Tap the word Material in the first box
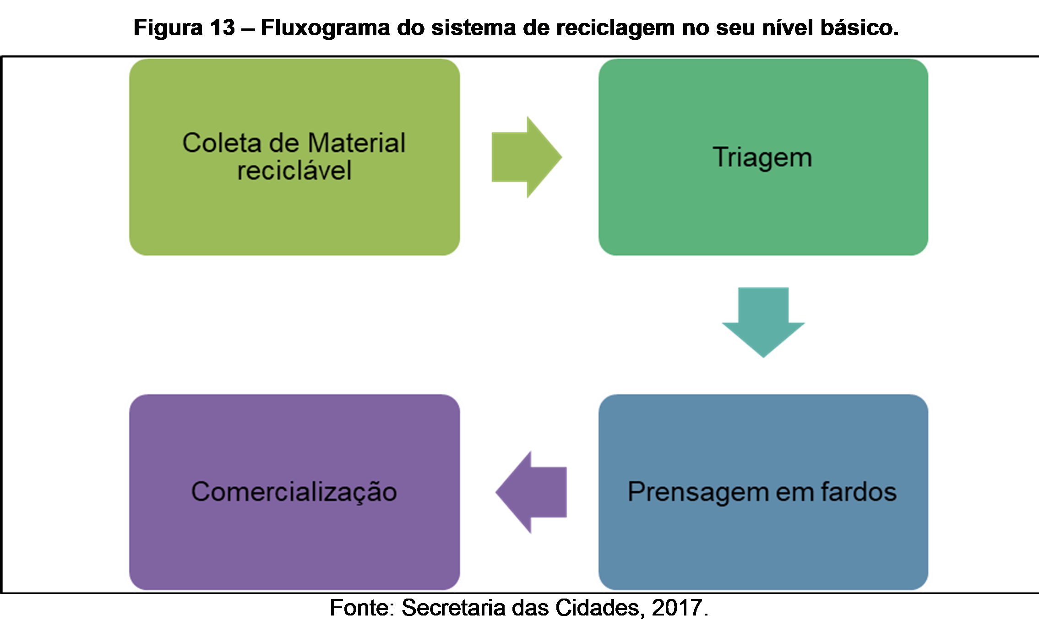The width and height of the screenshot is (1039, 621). coord(356,143)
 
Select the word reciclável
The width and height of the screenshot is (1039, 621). coord(294,170)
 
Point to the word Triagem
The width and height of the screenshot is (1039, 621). coord(762,157)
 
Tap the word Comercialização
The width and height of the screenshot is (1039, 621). coord(294,492)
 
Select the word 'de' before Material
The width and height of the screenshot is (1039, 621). coord(284,143)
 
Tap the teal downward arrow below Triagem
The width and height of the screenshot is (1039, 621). coord(763,321)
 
